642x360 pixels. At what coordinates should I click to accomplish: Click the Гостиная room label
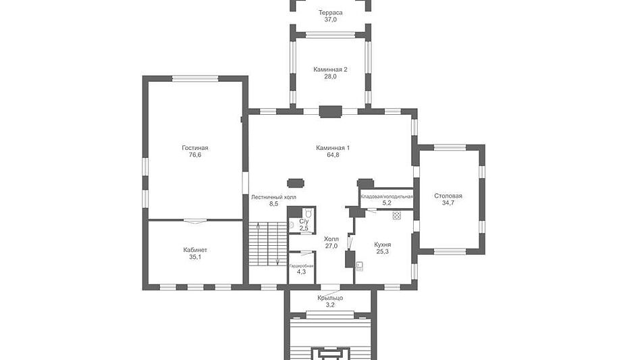pyautogui.click(x=195, y=148)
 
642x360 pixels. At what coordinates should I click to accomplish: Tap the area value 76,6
pyautogui.click(x=195, y=155)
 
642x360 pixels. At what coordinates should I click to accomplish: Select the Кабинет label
pyautogui.click(x=195, y=250)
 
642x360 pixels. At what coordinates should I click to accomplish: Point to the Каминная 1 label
pyautogui.click(x=333, y=148)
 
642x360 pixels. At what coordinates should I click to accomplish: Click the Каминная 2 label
pyautogui.click(x=330, y=69)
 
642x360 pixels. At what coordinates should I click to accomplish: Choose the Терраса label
pyautogui.click(x=330, y=13)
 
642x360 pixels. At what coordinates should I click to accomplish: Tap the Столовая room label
pyautogui.click(x=448, y=196)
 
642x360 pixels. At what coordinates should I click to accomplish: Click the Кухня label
pyautogui.click(x=382, y=245)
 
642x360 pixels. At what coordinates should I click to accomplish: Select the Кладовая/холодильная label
pyautogui.click(x=387, y=197)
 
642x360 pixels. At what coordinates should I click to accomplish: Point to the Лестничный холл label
pyautogui.click(x=273, y=197)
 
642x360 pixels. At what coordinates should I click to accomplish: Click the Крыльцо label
pyautogui.click(x=330, y=298)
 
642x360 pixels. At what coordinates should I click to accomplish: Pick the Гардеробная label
pyautogui.click(x=301, y=266)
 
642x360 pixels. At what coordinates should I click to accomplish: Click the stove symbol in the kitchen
pyautogui.click(x=396, y=215)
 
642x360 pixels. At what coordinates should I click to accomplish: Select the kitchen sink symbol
pyautogui.click(x=360, y=267)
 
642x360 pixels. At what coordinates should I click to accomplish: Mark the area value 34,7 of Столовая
pyautogui.click(x=448, y=203)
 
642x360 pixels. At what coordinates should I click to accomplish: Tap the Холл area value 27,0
pyautogui.click(x=331, y=246)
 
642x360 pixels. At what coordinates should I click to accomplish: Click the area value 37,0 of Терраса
pyautogui.click(x=330, y=19)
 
